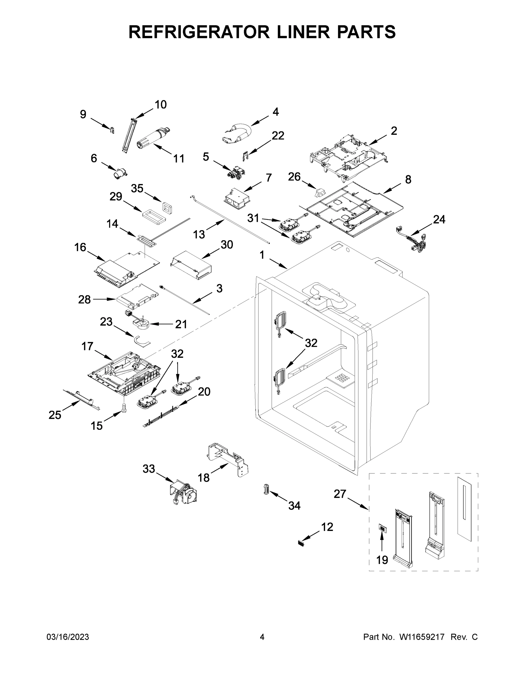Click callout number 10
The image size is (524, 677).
(160, 105)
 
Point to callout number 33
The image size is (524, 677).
(149, 469)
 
